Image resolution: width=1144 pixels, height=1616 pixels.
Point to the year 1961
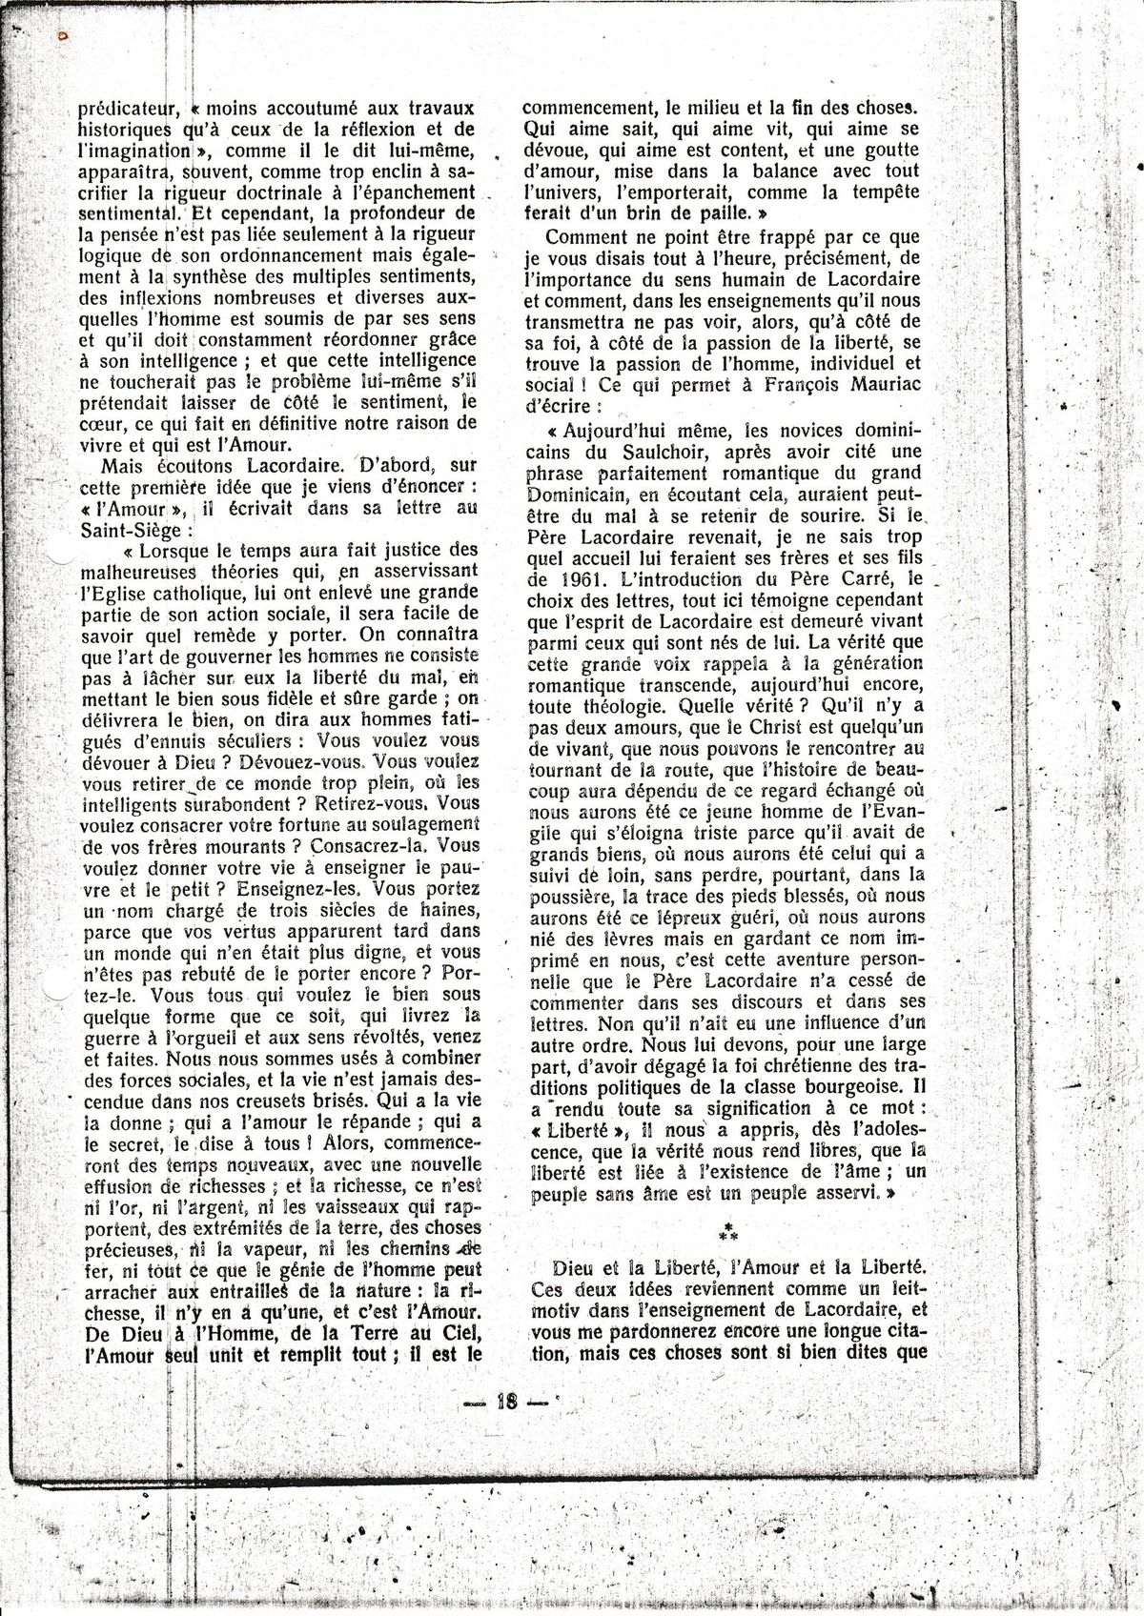coord(587,578)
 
